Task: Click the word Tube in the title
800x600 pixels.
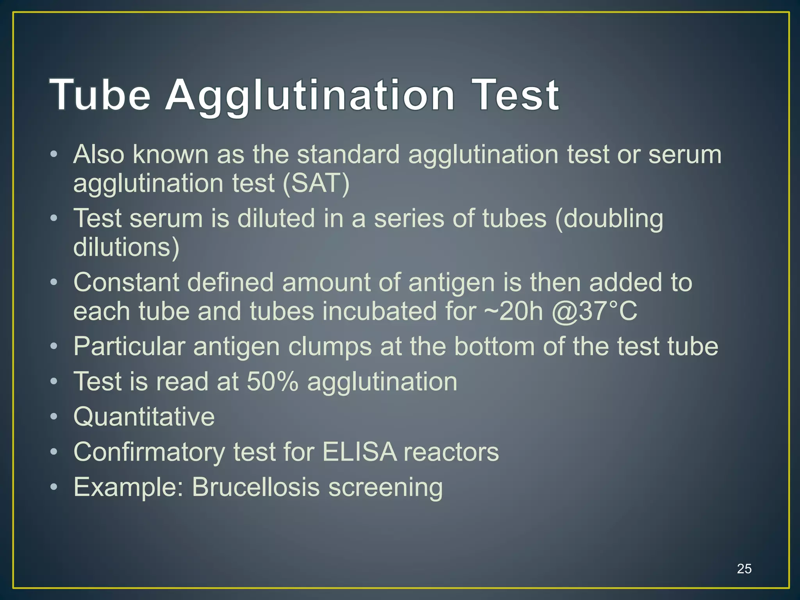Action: pyautogui.click(x=100, y=95)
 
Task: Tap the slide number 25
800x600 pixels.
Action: pyautogui.click(x=744, y=568)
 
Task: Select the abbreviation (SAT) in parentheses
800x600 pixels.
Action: pyautogui.click(x=316, y=183)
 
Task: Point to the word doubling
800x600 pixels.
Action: pyautogui.click(x=609, y=219)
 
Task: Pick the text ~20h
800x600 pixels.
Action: pyautogui.click(x=513, y=311)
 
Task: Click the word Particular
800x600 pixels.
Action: pyautogui.click(x=129, y=346)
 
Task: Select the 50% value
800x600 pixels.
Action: pyautogui.click(x=272, y=381)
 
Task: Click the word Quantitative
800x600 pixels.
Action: pyautogui.click(x=144, y=416)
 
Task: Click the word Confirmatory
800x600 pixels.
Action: pyautogui.click(x=149, y=452)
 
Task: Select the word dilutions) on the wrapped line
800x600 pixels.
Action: pyautogui.click(x=126, y=247)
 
